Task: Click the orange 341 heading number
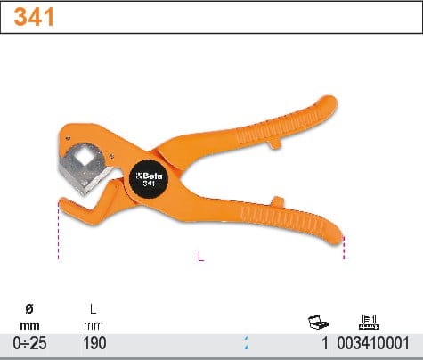pos(34,17)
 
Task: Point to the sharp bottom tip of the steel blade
pos(84,194)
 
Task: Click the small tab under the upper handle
pos(275,143)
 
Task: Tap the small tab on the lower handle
pos(277,201)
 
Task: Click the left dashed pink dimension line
pos(59,231)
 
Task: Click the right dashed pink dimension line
pos(344,248)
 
